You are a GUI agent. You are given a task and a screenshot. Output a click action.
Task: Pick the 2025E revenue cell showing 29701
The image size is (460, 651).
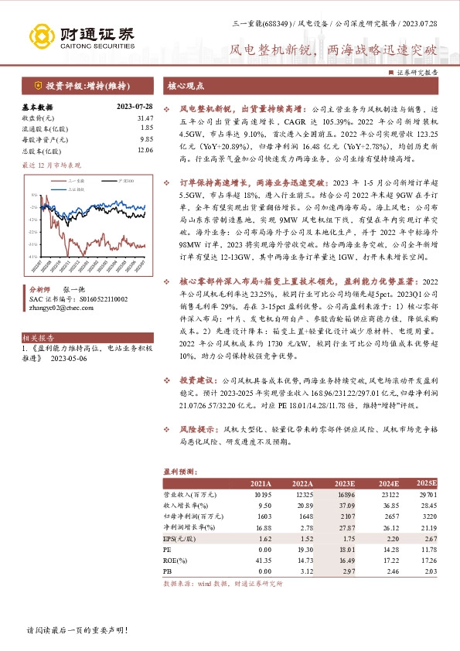pos(426,493)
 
